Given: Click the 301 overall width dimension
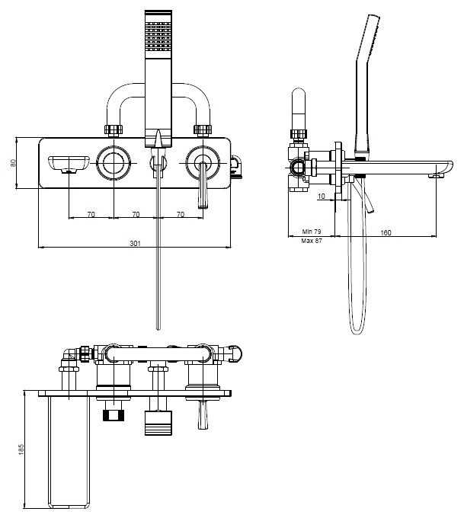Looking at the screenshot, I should point(136,243).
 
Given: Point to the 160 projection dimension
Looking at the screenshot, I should point(386,232).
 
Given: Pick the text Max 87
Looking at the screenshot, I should point(312,241).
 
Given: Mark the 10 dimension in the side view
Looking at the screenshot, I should point(322,197).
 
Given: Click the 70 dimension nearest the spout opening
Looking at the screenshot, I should point(91,215).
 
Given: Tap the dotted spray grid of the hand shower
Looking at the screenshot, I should point(158,35).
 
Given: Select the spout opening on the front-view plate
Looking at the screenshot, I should point(68,163).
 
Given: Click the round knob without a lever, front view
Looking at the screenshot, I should point(114,161).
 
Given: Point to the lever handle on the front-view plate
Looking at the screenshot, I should point(202,187).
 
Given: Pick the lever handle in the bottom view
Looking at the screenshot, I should point(203,415).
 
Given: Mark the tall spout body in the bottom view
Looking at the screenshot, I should point(68,449).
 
